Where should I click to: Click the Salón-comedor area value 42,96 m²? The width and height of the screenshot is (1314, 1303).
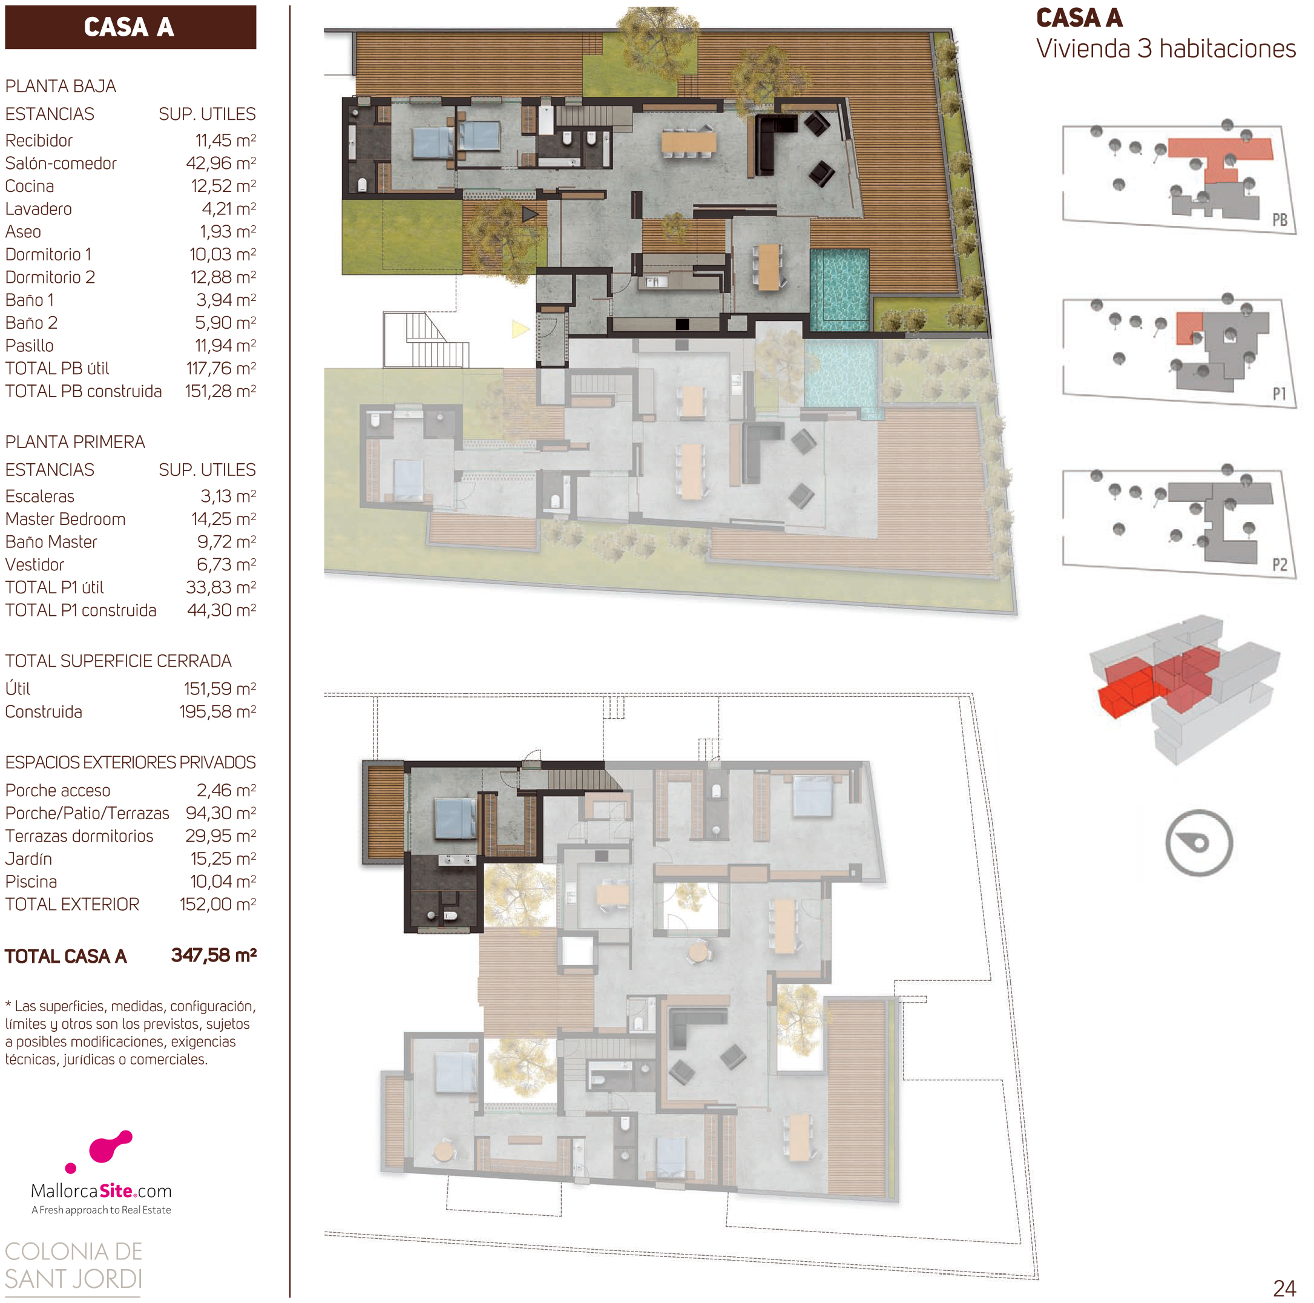point(221,163)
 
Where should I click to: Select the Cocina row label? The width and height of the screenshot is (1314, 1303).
point(29,186)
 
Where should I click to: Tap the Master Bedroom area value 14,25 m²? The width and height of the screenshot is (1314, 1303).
point(224,519)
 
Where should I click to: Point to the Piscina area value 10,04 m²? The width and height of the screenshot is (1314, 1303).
point(223,882)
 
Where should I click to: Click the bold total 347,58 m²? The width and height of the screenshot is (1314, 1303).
point(214,955)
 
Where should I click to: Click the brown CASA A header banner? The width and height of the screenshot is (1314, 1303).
point(131,27)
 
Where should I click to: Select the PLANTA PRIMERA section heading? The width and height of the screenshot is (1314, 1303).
point(75,442)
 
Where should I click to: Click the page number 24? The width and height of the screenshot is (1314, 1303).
point(1284,1288)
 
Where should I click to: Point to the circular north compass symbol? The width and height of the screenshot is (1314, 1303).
point(1198,842)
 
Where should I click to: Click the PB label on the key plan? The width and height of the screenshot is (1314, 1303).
point(1280,220)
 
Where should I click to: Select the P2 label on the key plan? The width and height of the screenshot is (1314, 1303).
point(1280,565)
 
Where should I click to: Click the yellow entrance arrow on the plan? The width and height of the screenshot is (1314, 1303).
point(521,329)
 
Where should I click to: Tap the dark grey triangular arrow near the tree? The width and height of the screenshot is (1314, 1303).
point(530,215)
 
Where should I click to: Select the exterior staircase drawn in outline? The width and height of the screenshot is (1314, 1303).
point(425,340)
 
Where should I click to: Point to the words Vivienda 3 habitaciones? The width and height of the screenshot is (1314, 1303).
point(1166,49)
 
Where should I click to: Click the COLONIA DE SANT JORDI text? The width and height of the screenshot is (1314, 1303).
point(73,1265)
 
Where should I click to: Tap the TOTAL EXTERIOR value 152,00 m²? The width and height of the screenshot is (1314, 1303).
point(218,904)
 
